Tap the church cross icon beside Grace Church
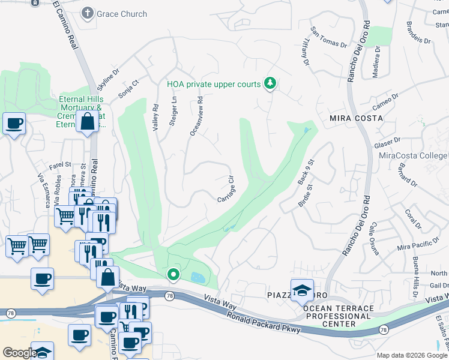point(88,13)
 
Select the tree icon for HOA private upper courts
point(270,83)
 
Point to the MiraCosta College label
point(413,155)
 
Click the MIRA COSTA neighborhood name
point(355,118)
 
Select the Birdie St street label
point(306,196)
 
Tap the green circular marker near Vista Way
point(173,275)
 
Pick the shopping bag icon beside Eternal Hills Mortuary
point(88,122)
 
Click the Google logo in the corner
point(20,353)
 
